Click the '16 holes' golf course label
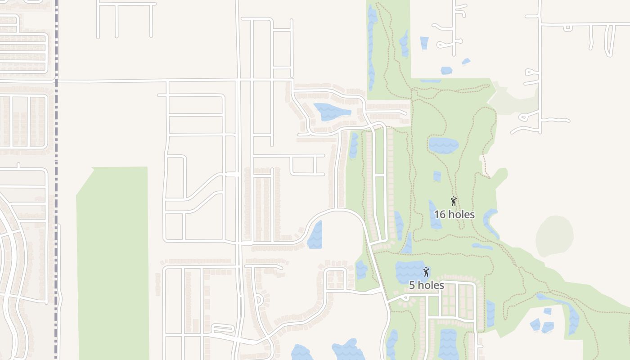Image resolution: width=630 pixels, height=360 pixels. pyautogui.click(x=454, y=214)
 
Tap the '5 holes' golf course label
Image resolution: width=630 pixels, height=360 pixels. pyautogui.click(x=426, y=285)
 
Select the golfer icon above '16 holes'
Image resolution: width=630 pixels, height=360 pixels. pyautogui.click(x=454, y=201)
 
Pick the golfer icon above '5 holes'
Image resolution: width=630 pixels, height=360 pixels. pyautogui.click(x=426, y=272)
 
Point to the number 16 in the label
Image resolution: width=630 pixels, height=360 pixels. pyautogui.click(x=440, y=214)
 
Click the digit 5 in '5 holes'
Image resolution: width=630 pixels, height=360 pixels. pyautogui.click(x=412, y=285)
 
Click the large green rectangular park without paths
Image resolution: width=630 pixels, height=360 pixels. pyautogui.click(x=112, y=261)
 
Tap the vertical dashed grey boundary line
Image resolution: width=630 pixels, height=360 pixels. pyautogui.click(x=56, y=180)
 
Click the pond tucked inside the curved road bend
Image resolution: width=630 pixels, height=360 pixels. pyautogui.click(x=315, y=235)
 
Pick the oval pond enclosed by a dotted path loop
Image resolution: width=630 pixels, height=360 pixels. pyautogui.click(x=443, y=145)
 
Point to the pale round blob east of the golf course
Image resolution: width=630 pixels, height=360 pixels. pyautogui.click(x=555, y=236)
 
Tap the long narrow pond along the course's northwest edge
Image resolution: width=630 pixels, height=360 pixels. pyautogui.click(x=372, y=49)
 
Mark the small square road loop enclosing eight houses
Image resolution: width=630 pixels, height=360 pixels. pyautogui.click(x=335, y=279)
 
